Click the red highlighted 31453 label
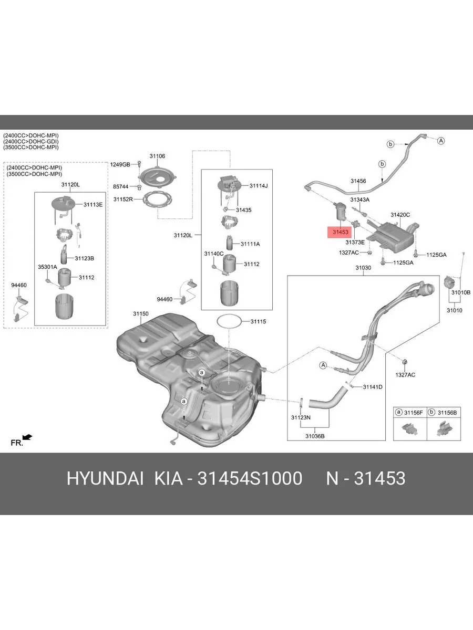(x=340, y=232)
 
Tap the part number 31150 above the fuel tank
(x=141, y=314)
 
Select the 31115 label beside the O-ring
(x=258, y=321)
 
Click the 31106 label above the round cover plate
(x=157, y=156)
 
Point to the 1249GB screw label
(x=120, y=164)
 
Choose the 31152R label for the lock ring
(x=123, y=199)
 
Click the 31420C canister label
(x=400, y=215)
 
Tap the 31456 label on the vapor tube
(x=358, y=181)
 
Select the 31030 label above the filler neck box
(x=363, y=268)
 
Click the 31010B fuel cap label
(x=461, y=292)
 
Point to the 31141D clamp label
(x=373, y=387)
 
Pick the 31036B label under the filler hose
(x=315, y=436)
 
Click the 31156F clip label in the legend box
(x=414, y=413)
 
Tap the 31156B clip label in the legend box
(x=447, y=413)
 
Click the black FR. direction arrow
(x=27, y=437)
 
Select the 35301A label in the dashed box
(x=48, y=267)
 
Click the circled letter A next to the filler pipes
(x=323, y=365)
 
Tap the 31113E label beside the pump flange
(x=93, y=205)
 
